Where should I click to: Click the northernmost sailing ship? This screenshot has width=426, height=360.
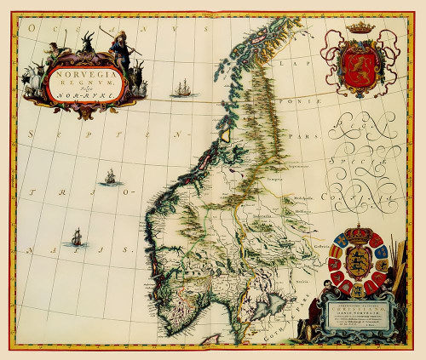tap(181, 88)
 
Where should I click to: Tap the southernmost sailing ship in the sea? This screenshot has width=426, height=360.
tap(76, 237)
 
